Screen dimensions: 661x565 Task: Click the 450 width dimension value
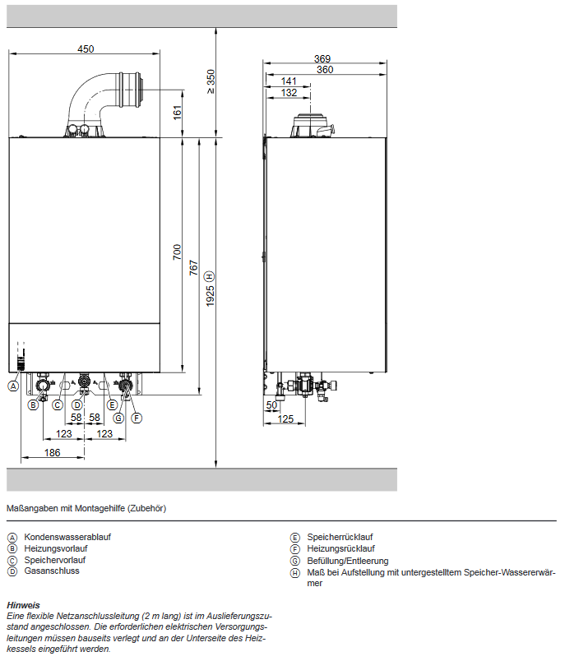tap(86, 49)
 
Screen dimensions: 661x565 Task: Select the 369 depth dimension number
tap(324, 58)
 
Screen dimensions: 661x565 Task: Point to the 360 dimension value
tap(324, 70)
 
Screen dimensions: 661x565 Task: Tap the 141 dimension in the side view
tap(289, 81)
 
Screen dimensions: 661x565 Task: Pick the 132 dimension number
tap(289, 93)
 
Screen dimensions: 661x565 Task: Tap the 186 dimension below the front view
tap(52, 453)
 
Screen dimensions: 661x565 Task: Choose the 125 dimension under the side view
tap(285, 419)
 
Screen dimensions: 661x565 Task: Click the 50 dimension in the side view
tap(271, 405)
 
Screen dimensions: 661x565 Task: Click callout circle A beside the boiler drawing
tap(13, 385)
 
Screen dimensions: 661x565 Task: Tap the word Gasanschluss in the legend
tap(52, 571)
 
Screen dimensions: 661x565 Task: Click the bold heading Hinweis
tap(23, 604)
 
